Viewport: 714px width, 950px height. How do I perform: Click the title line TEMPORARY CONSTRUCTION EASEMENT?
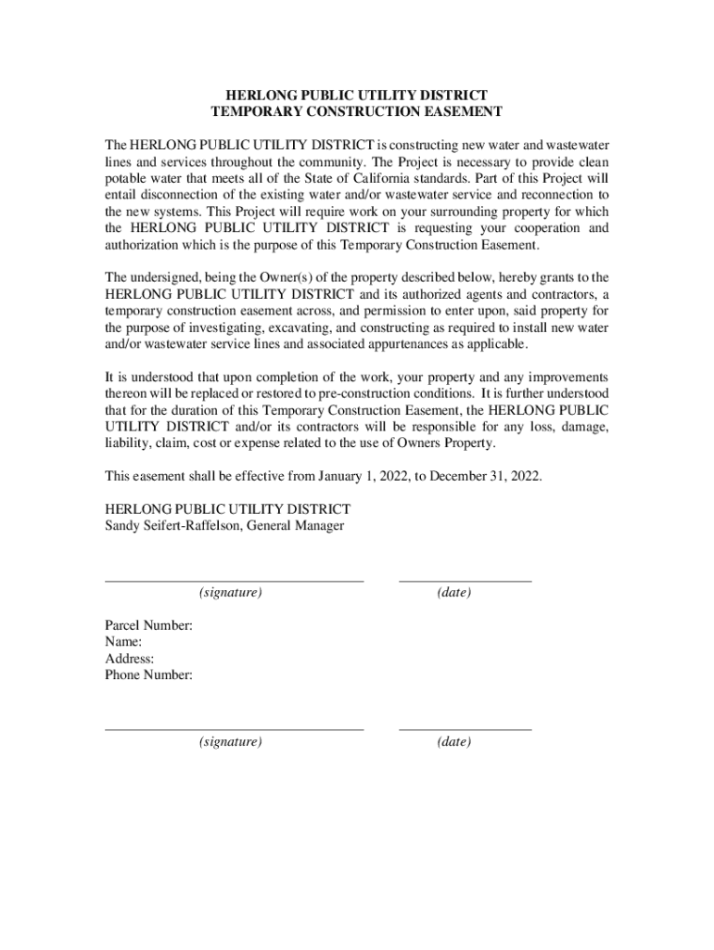(x=357, y=111)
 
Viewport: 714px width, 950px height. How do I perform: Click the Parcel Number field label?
(x=148, y=625)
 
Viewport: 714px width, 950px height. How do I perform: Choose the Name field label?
(x=123, y=642)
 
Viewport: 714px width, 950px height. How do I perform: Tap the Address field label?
(x=130, y=659)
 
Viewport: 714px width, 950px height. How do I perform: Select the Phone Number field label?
(x=148, y=675)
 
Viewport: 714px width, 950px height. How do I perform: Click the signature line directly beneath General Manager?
(x=234, y=580)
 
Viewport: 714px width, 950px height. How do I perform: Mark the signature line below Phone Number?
(x=234, y=729)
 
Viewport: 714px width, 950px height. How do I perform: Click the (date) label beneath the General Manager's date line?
(x=453, y=592)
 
